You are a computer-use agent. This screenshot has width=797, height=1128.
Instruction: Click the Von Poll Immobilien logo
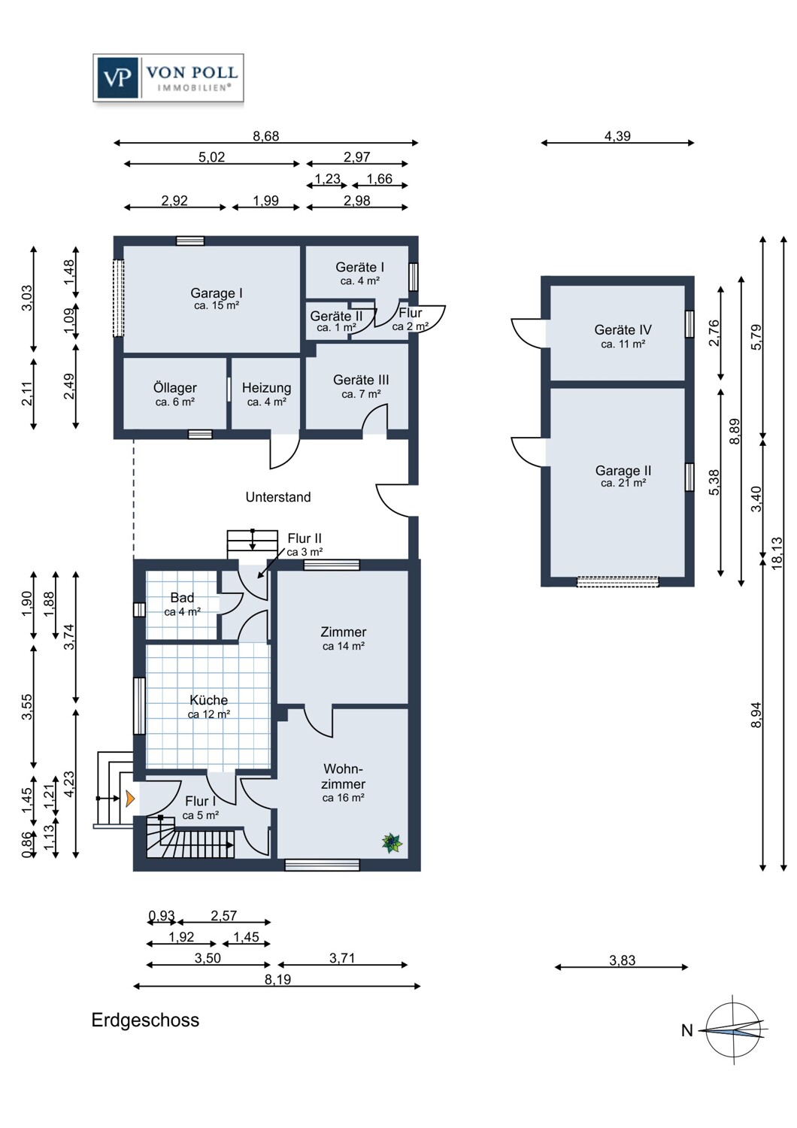(x=168, y=78)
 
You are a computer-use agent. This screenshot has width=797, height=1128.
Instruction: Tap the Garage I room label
(x=216, y=298)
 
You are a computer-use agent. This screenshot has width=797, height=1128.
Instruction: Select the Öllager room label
(x=174, y=394)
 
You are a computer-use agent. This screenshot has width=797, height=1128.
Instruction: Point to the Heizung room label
(x=266, y=394)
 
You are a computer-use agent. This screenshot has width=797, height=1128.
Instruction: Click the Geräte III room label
(x=360, y=387)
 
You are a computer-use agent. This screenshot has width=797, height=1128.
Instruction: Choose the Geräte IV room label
(x=623, y=336)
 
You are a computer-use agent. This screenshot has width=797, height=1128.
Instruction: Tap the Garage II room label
(x=623, y=476)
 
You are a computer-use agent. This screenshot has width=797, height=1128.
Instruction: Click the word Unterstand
(x=278, y=497)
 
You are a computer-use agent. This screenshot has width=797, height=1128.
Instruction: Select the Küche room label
(x=208, y=706)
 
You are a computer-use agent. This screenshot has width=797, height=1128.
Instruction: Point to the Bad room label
(x=182, y=604)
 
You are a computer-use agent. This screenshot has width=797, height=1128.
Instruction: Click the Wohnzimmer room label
(x=343, y=783)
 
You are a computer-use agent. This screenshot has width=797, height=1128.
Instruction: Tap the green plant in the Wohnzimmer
(x=392, y=843)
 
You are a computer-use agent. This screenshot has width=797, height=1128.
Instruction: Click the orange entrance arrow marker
(x=130, y=798)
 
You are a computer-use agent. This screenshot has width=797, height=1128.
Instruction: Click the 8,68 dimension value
(x=265, y=136)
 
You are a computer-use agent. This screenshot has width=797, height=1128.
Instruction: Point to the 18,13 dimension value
(x=777, y=553)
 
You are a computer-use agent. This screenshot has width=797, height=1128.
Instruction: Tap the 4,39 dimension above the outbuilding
(x=617, y=136)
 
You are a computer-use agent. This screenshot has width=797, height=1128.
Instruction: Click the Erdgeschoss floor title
(x=146, y=1020)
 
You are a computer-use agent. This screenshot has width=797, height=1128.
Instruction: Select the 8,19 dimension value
(x=278, y=979)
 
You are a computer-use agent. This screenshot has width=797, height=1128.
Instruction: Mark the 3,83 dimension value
(x=623, y=960)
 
